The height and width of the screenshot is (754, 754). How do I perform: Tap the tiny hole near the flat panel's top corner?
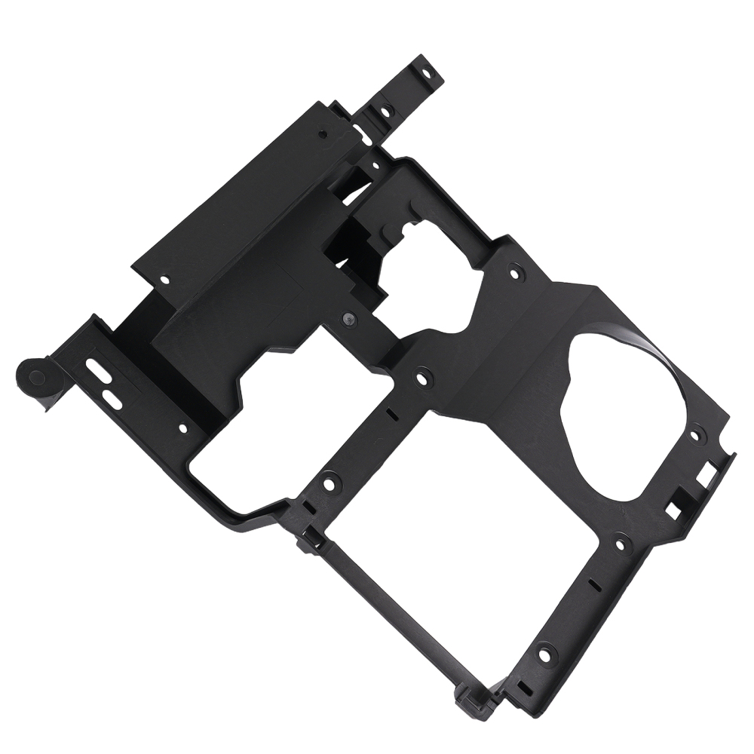click(323, 135)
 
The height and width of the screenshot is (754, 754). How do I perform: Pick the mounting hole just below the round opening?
click(620, 541)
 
